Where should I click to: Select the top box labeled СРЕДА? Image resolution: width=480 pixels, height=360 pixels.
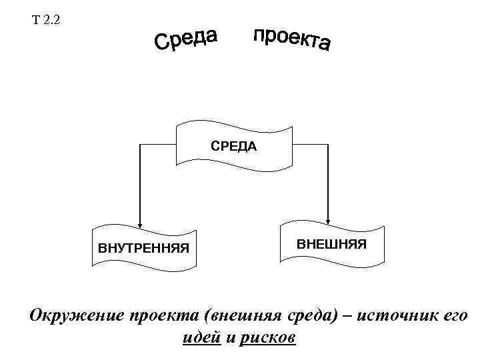pos(233,145)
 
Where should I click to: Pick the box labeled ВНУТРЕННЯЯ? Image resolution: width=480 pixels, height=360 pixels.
pos(144,248)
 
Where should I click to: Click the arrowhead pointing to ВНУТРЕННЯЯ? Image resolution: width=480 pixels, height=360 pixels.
pos(140,225)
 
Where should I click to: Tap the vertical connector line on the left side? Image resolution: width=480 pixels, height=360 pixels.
pos(140,180)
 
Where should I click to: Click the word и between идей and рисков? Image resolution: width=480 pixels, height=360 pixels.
pos(231,338)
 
